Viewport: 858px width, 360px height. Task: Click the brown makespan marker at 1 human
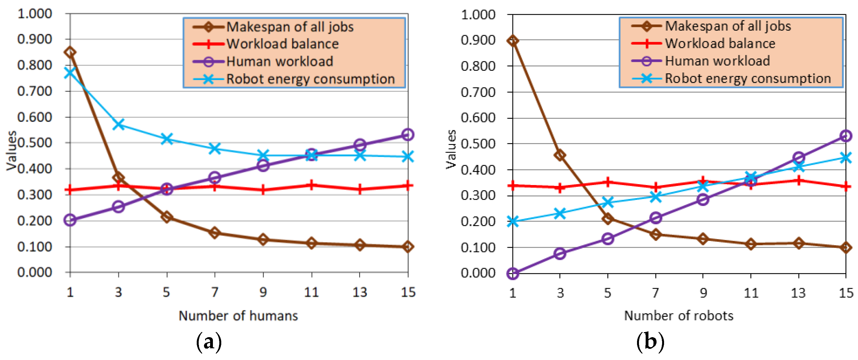(70, 52)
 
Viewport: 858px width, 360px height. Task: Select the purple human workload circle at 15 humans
(408, 135)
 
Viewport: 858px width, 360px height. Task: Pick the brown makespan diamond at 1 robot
(513, 41)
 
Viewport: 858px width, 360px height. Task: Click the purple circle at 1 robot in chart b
(513, 273)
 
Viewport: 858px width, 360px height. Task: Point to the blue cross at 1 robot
(513, 222)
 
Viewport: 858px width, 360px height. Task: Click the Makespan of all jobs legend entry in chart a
(290, 27)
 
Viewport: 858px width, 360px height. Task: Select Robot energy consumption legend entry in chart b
(748, 79)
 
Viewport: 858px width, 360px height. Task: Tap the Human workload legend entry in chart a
(279, 62)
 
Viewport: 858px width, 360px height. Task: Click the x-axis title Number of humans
(238, 315)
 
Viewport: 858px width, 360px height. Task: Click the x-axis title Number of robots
(679, 315)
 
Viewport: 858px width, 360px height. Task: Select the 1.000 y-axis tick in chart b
(478, 15)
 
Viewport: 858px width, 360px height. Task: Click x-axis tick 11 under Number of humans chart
(312, 292)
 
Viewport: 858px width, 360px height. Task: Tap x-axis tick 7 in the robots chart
(655, 293)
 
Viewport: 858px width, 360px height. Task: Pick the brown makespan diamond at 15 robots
(846, 247)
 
